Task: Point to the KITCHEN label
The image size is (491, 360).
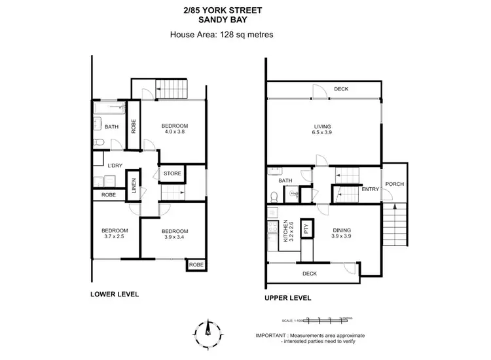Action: (x=285, y=232)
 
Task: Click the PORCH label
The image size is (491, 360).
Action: (x=394, y=184)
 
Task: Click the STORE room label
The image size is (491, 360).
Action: (x=172, y=173)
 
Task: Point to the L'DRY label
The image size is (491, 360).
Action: (x=107, y=165)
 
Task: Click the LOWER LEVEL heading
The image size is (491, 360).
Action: (x=115, y=295)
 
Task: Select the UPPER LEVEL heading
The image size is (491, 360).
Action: (x=287, y=298)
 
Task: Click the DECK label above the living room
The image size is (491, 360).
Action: (x=340, y=90)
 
